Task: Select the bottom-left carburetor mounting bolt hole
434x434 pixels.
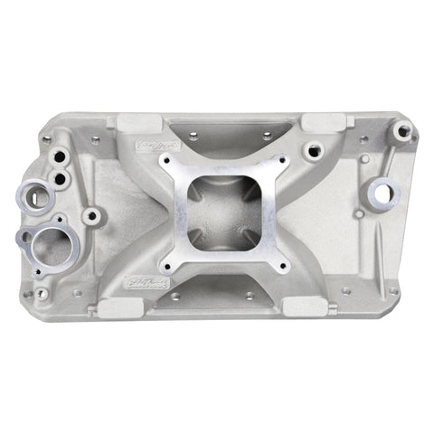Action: pyautogui.click(x=168, y=266)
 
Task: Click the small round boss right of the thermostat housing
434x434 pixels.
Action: pyautogui.click(x=92, y=217)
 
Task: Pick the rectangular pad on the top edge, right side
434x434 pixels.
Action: pyautogui.click(x=321, y=121)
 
